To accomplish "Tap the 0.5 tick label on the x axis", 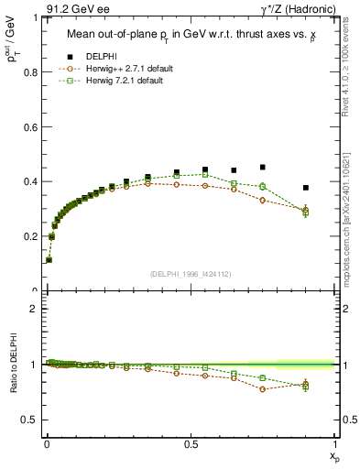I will point(191,443).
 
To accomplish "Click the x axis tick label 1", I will point(334,443).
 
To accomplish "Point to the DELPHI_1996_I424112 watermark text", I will point(190,272).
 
